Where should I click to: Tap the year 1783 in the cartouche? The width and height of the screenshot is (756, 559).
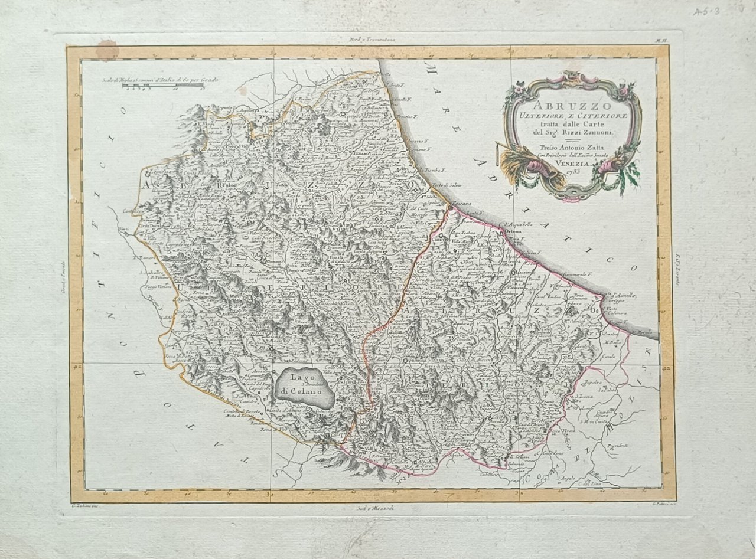[572, 171]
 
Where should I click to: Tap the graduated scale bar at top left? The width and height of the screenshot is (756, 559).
[162, 86]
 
